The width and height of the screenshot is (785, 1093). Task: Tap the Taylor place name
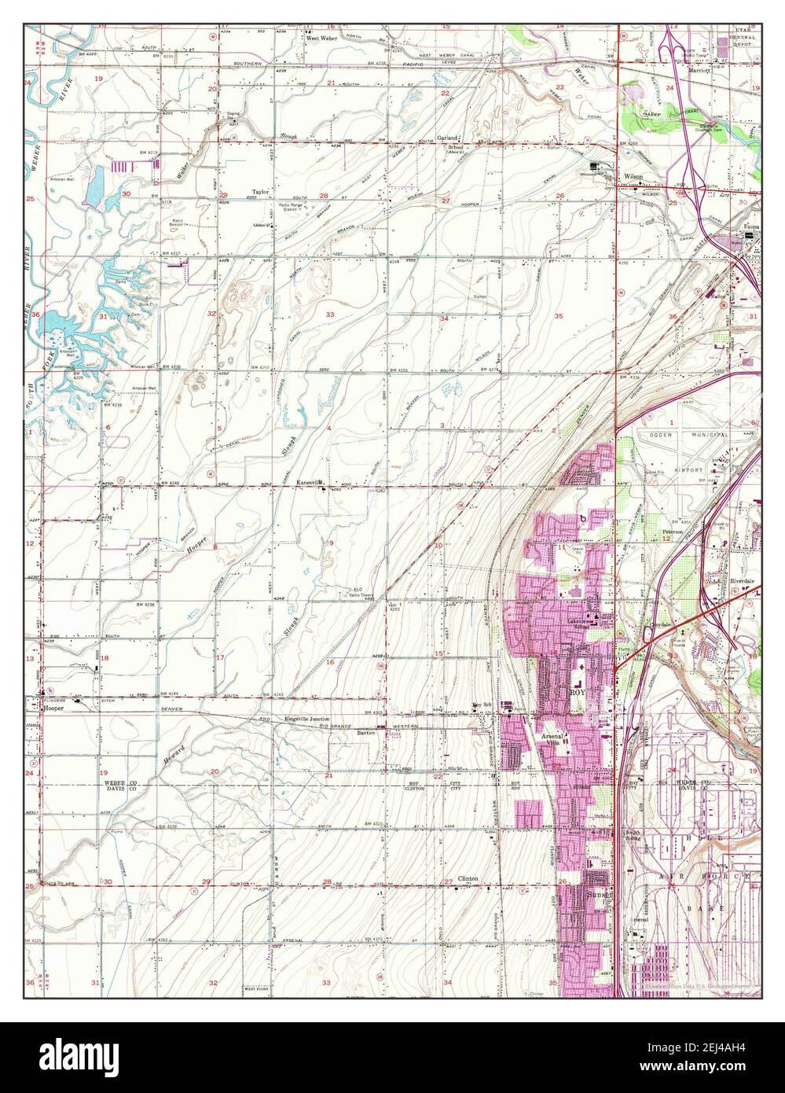point(261,191)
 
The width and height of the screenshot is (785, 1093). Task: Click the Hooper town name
point(53,708)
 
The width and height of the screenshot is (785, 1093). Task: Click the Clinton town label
point(469,878)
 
